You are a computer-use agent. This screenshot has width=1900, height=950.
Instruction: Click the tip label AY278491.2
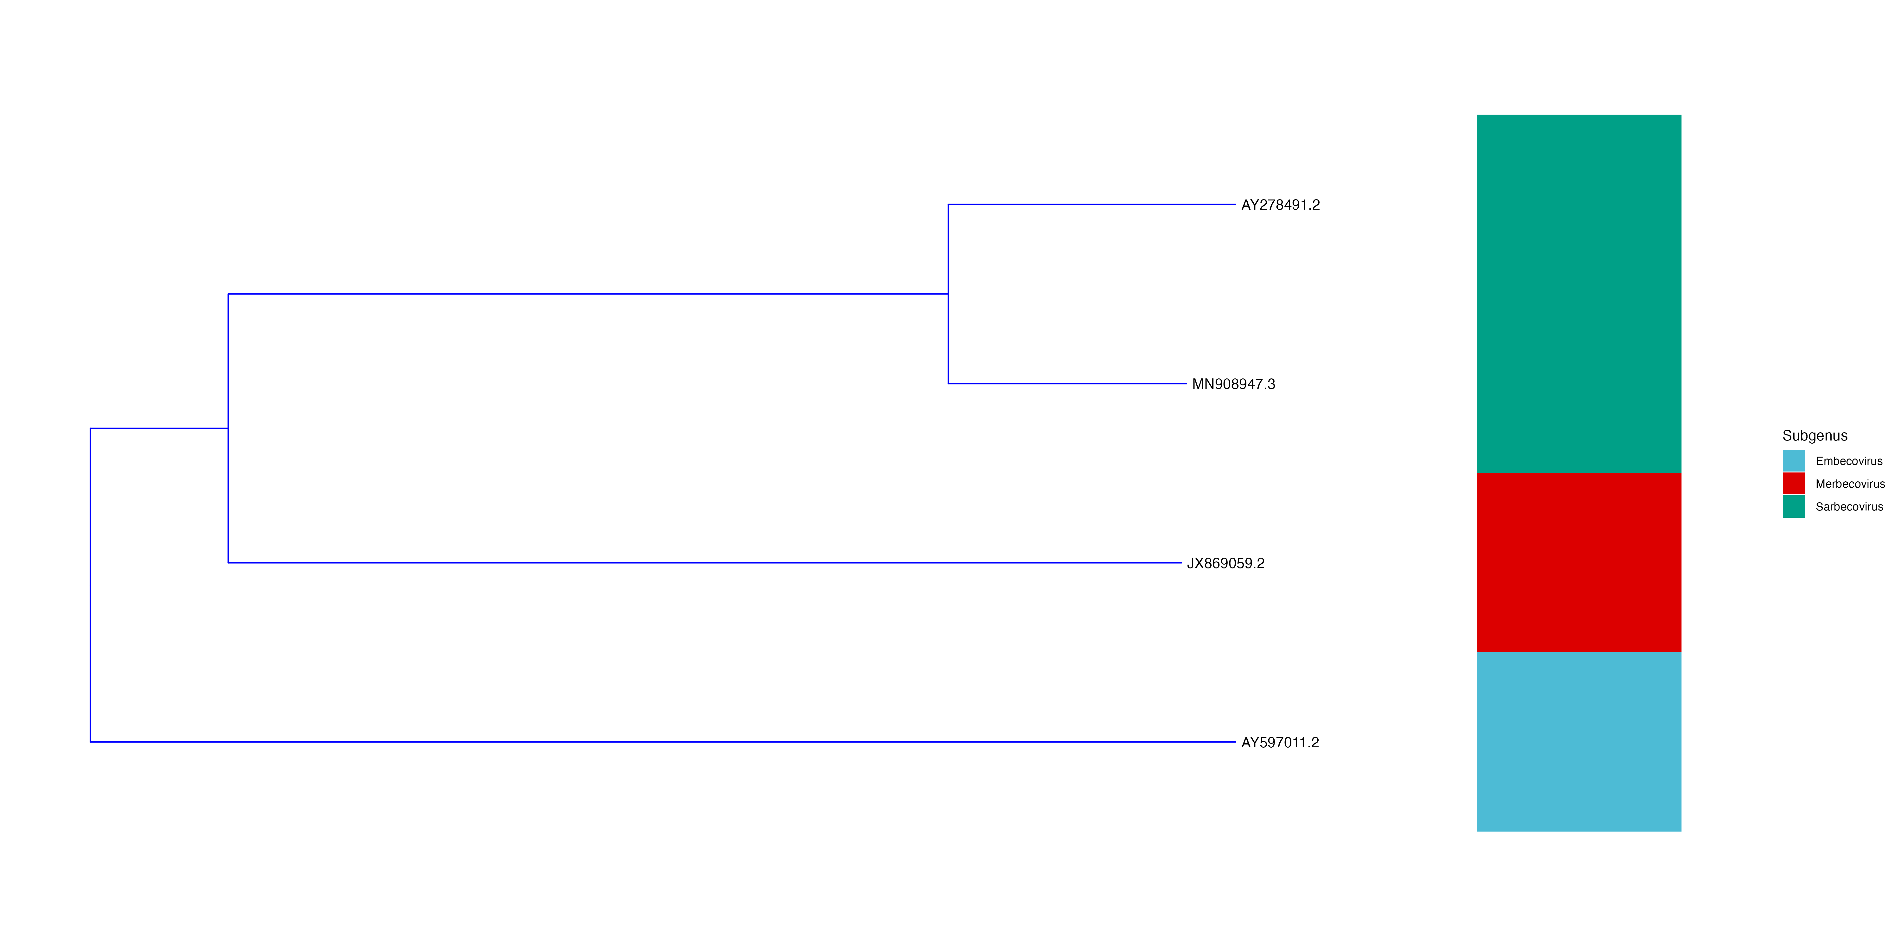click(1280, 205)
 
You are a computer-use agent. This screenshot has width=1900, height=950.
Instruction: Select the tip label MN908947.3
click(1233, 384)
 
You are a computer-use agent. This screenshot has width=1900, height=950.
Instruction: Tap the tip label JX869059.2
click(1225, 564)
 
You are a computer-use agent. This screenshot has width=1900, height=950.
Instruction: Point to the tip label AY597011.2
click(1280, 743)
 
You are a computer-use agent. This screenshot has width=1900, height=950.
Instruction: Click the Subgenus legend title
click(1814, 436)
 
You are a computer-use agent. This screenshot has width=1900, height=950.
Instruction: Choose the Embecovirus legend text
click(1848, 461)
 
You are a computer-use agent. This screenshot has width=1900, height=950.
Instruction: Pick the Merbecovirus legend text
click(1850, 484)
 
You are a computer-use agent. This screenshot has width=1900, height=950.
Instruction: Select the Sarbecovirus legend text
click(1849, 507)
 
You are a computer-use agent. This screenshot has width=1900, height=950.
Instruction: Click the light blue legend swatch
click(1794, 461)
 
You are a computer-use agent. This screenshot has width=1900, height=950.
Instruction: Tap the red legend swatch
click(1794, 484)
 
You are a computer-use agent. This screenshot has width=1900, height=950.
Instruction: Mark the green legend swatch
click(1794, 507)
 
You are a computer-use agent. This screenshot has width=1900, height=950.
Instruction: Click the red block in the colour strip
click(1578, 563)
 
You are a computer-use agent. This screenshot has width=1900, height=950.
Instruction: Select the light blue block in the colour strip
click(1578, 742)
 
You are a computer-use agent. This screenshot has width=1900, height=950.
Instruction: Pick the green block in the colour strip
click(1578, 294)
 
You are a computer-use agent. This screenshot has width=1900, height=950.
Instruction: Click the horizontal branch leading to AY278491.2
click(1092, 204)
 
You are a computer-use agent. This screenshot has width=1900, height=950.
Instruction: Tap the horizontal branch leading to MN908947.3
click(1067, 383)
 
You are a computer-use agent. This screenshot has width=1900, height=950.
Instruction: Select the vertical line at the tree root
click(91, 585)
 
